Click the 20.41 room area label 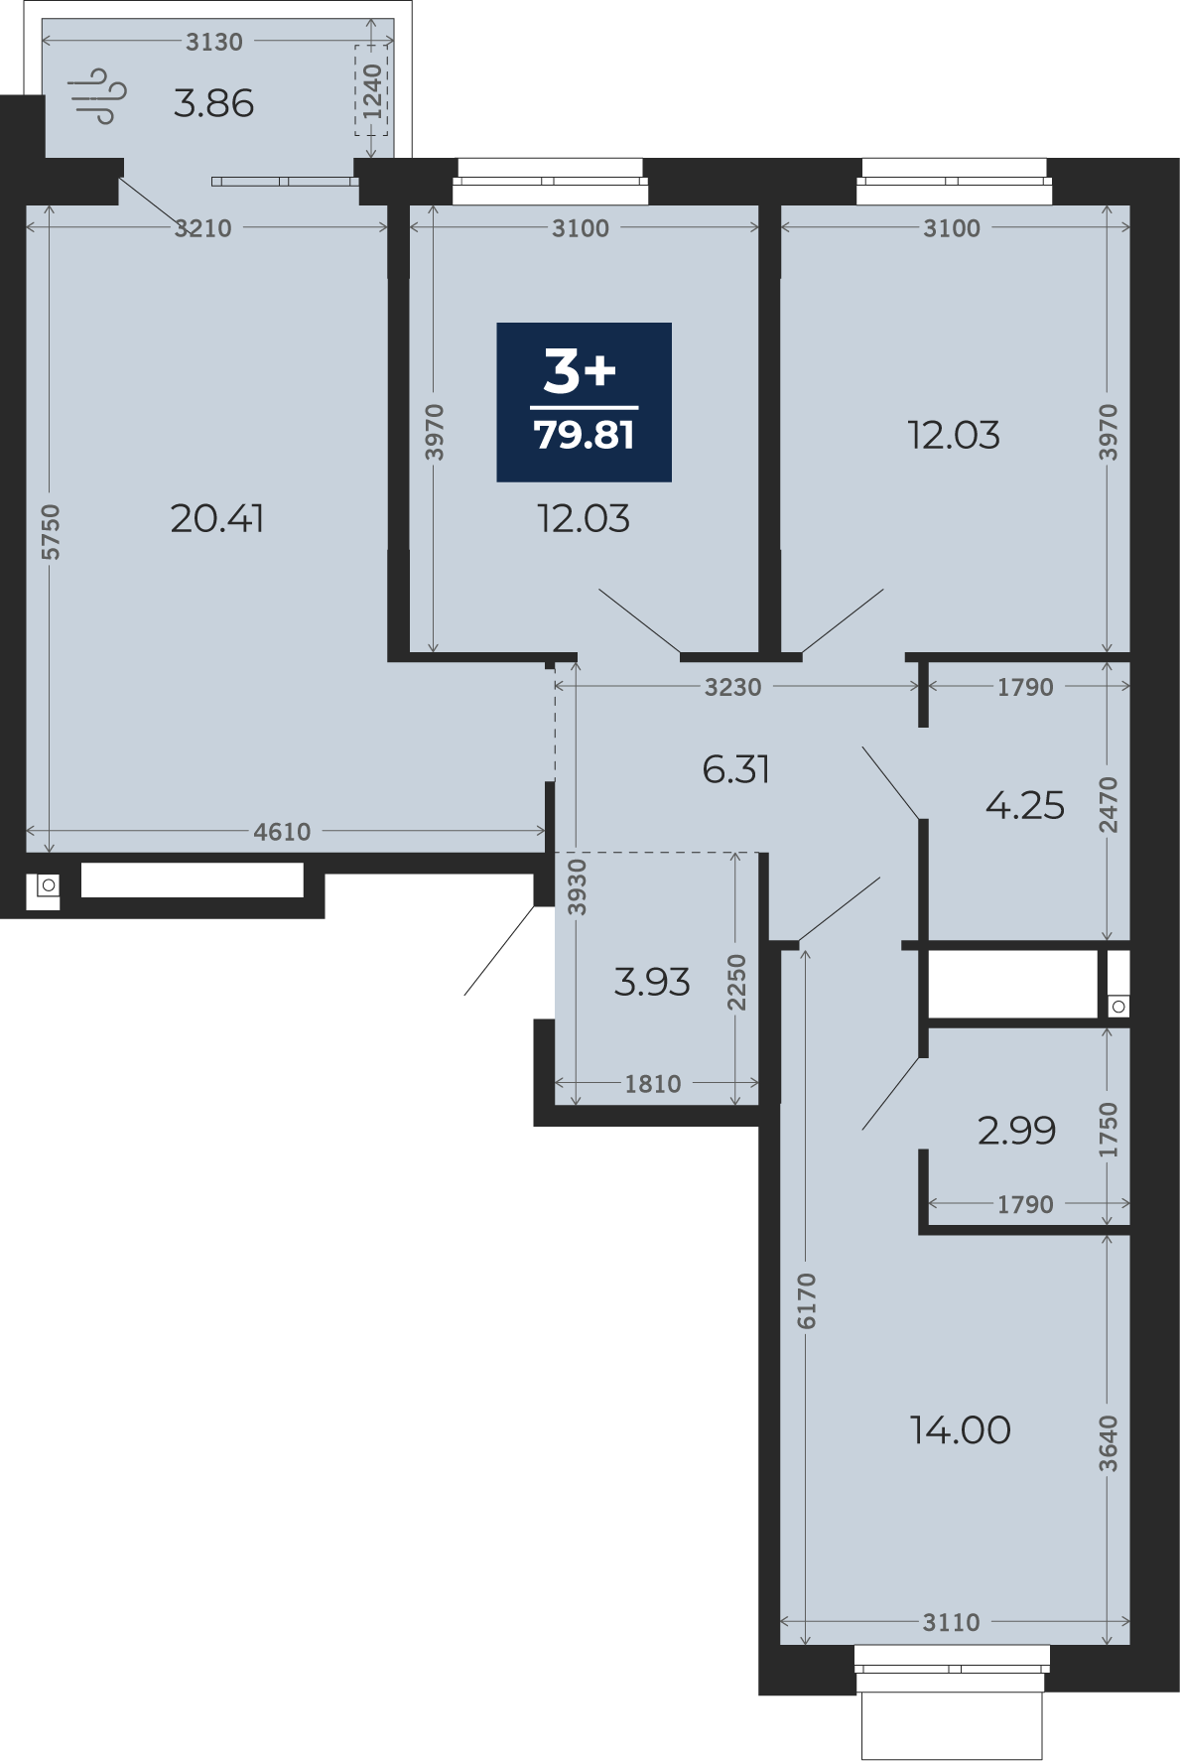217,518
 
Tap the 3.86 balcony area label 213,103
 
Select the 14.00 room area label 961,1429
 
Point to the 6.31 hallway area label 736,769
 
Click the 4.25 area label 1025,805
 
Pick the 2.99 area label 1017,1130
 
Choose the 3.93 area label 652,982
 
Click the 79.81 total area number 585,435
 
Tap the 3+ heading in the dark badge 581,371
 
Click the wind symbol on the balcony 97,96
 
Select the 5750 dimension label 51,532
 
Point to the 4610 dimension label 282,832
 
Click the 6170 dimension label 806,1300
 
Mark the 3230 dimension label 733,687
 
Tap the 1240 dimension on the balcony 372,91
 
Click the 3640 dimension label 1109,1443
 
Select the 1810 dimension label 653,1084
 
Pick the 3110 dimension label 952,1622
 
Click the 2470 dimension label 1109,805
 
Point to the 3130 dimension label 214,42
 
